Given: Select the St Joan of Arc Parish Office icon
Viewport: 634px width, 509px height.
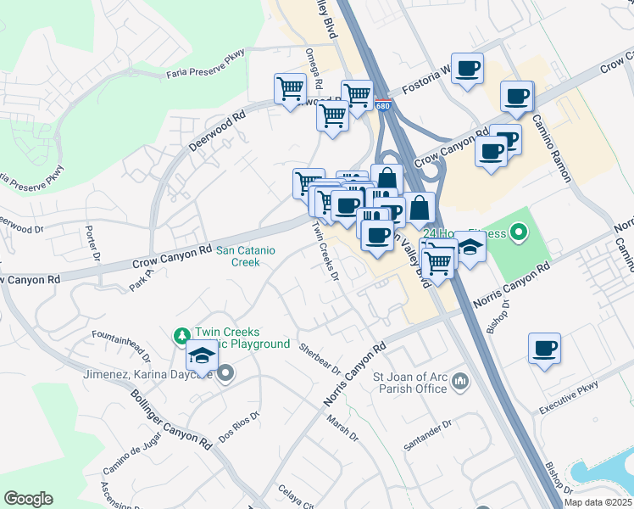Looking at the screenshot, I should click(x=460, y=382).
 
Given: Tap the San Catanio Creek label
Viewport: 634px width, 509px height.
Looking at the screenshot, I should click(x=248, y=256).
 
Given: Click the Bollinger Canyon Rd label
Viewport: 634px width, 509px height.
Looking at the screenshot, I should click(x=170, y=420).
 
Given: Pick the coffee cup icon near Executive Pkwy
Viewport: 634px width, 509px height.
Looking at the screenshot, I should click(x=544, y=347).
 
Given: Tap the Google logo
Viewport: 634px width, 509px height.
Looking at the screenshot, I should click(x=28, y=498).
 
